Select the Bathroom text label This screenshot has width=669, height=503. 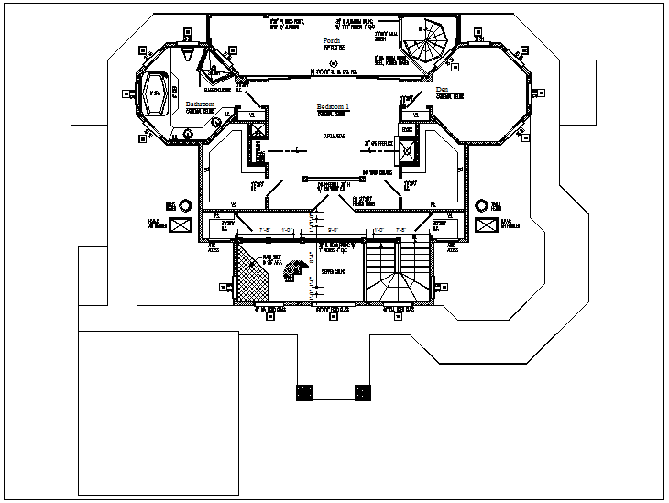tap(201, 104)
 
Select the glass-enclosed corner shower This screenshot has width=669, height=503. tap(216, 67)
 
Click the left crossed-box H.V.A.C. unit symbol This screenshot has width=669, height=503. tap(181, 224)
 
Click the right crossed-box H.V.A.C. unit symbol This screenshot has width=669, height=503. tap(483, 224)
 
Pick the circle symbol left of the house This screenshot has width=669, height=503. tap(185, 204)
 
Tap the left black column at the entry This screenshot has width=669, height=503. tap(303, 392)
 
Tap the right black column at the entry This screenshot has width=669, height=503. tap(363, 392)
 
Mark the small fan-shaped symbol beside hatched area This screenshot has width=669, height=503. tap(295, 271)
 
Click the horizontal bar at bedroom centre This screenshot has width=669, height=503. tap(327, 178)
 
